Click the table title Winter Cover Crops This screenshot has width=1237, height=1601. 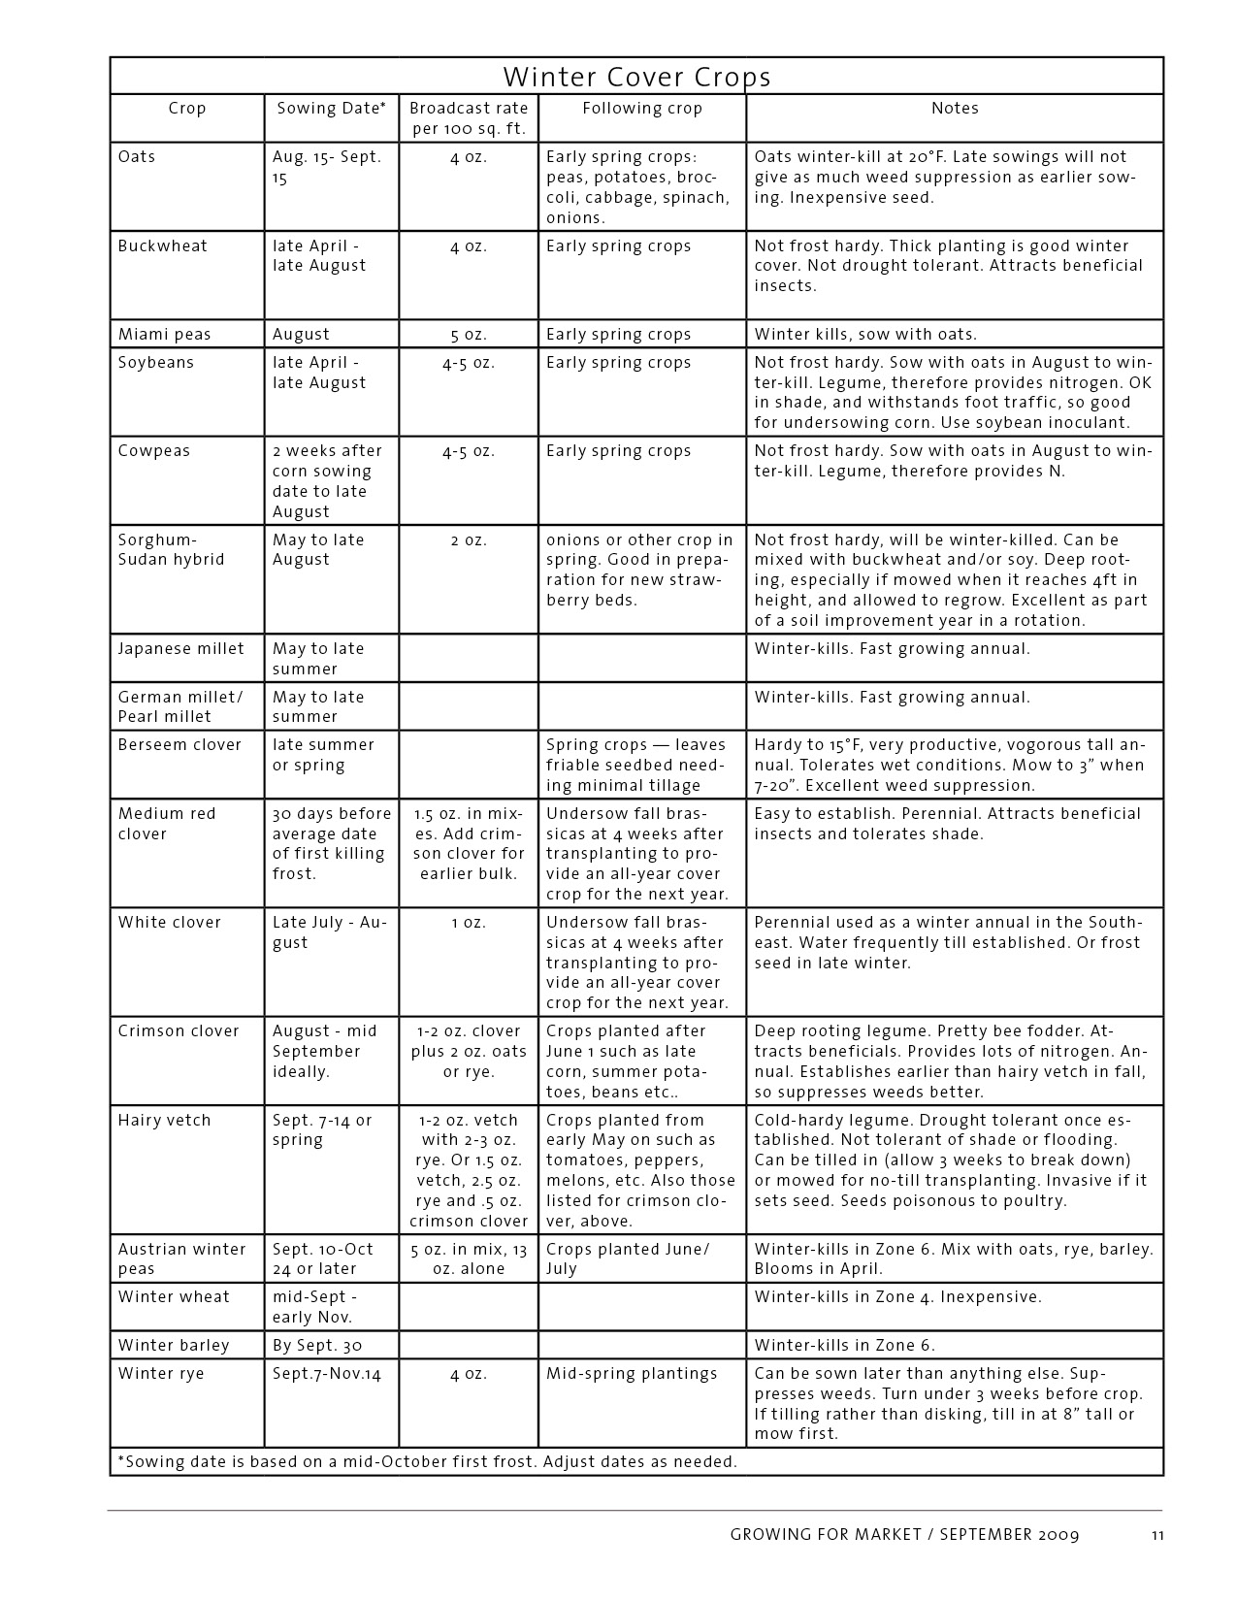[636, 77]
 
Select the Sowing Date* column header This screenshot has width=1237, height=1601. [331, 109]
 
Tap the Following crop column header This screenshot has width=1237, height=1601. [641, 109]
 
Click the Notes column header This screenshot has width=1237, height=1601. [955, 109]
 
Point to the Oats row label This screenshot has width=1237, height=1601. [137, 157]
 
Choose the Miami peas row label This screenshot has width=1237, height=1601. [164, 335]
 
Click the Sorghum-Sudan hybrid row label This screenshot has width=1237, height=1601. [171, 550]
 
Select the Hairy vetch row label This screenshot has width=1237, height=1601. [164, 1121]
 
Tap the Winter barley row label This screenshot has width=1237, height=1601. [174, 1346]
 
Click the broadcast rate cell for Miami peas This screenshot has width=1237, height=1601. [468, 335]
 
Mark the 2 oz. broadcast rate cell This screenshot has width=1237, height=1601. [468, 540]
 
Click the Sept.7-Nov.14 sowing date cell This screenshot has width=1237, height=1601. [327, 1374]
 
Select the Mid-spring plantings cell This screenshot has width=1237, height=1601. [632, 1374]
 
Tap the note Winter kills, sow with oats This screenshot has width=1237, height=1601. [865, 335]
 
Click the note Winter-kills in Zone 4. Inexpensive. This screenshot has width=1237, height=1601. [897, 1297]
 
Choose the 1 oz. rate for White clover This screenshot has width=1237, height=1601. [468, 923]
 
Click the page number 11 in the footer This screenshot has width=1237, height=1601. [1157, 1535]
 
